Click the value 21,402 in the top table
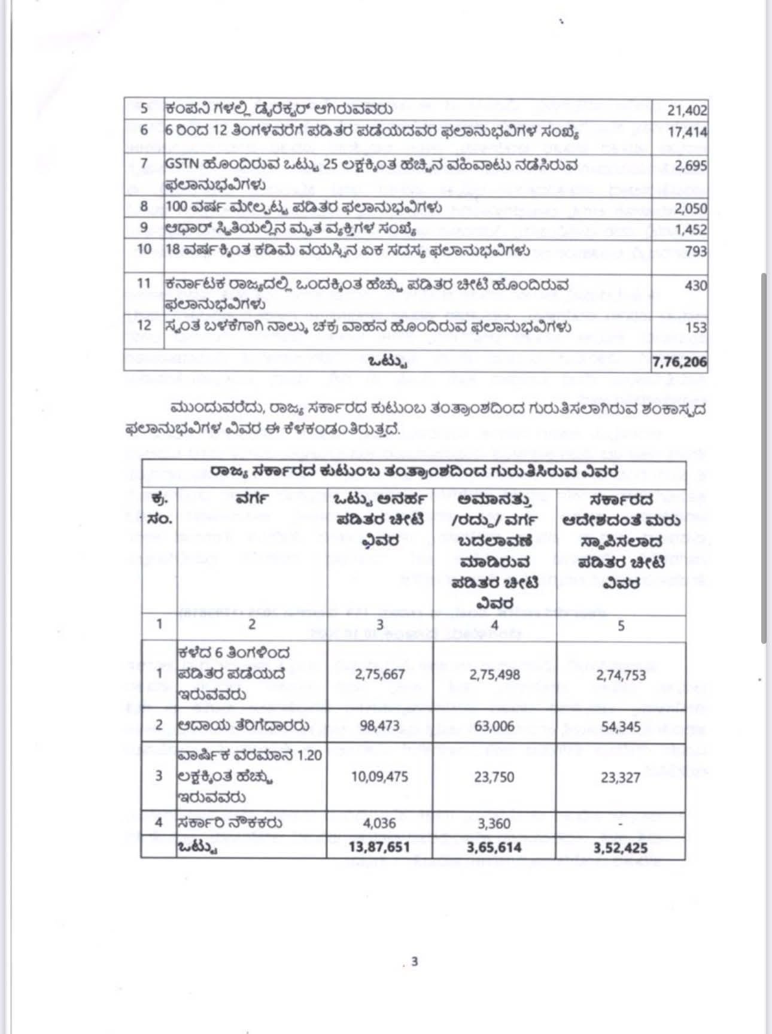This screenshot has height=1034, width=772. coord(687,111)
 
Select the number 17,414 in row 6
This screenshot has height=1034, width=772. coord(687,132)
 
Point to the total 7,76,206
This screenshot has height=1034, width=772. coord(679,362)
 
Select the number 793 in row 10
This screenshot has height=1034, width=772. coord(695,251)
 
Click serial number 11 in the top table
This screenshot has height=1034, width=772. coord(144,283)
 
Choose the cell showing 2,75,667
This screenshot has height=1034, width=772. coord(380,674)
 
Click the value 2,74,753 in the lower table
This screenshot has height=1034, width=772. coord(621,675)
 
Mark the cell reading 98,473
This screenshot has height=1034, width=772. coord(380,726)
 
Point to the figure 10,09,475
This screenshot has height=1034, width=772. coord(379,777)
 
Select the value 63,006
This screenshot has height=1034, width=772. coord(494,726)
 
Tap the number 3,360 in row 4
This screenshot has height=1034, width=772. coord(494,823)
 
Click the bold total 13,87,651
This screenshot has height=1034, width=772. coord(379,847)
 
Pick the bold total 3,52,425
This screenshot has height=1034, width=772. coord(621,848)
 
